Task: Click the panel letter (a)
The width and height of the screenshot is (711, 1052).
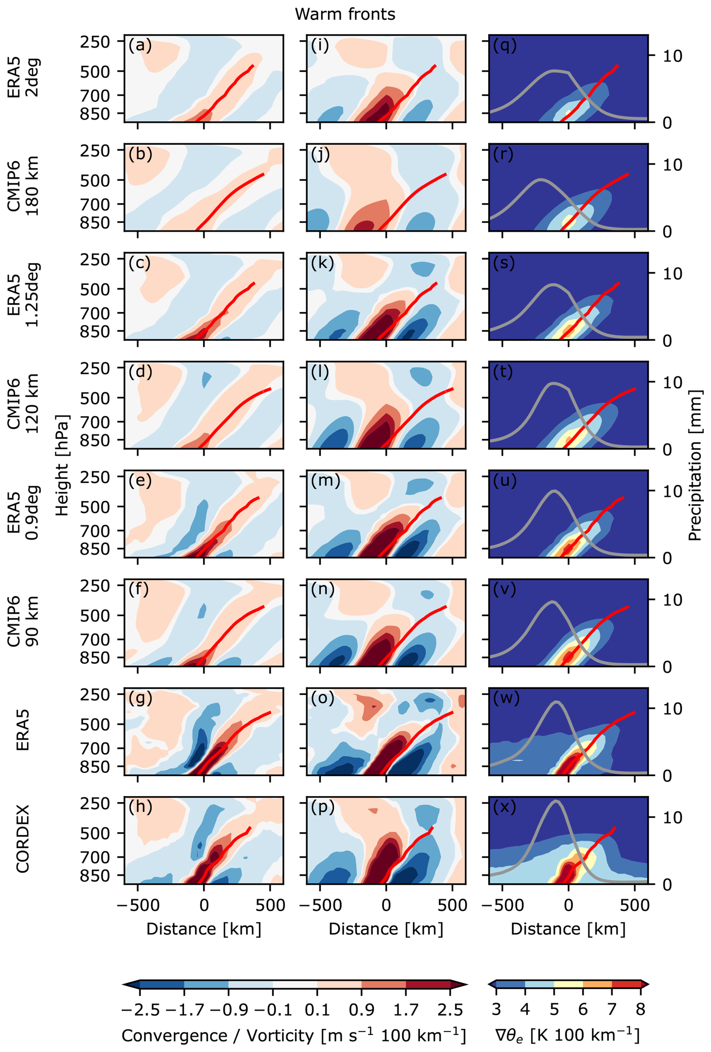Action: tap(140, 45)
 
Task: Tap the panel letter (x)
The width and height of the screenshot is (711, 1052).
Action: tap(504, 806)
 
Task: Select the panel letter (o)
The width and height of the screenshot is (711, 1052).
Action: tap(322, 698)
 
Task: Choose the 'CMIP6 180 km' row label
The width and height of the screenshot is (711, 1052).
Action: tap(23, 186)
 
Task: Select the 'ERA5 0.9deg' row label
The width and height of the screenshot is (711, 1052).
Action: tap(23, 512)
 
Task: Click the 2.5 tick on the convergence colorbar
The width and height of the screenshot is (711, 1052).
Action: tap(450, 1010)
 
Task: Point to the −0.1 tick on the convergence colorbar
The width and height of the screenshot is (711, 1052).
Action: tap(272, 1010)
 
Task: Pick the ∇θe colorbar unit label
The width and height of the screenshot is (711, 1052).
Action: tap(567, 1035)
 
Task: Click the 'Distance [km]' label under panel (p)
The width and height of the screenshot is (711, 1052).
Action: tap(386, 928)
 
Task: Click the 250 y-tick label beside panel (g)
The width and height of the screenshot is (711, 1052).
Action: tap(95, 694)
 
